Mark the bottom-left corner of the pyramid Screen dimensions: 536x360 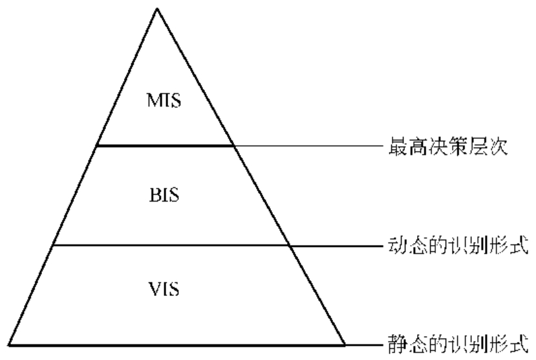(8, 344)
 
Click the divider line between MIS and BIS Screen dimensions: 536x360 (165, 146)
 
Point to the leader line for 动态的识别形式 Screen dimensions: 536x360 (336, 246)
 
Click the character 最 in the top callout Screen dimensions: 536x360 (393, 147)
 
